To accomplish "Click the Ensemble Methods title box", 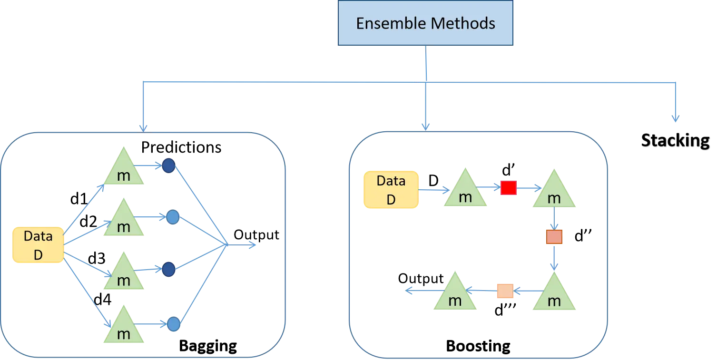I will (x=425, y=23).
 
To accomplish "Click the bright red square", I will (x=508, y=188).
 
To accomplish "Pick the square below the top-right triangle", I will (x=554, y=236).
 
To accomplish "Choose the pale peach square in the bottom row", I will (x=504, y=291).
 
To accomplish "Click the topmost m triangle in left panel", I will (x=124, y=169).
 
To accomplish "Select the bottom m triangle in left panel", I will (x=124, y=329).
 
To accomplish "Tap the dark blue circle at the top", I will (x=169, y=165).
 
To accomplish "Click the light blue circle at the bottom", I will (x=174, y=324).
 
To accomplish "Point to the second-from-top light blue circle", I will (x=173, y=217).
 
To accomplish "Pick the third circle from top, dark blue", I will (x=169, y=270).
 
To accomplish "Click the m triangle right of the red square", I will (x=554, y=192).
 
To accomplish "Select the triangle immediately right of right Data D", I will (x=465, y=192).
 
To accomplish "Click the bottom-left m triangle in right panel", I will (x=455, y=295).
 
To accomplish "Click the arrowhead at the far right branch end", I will (x=675, y=119).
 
